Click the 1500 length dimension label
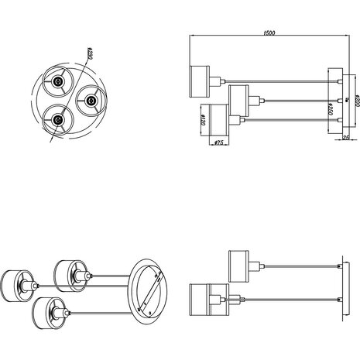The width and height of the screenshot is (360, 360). (x=269, y=33)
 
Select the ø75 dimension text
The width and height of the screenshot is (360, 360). (x=218, y=142)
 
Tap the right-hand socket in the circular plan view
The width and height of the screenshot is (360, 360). (x=91, y=100)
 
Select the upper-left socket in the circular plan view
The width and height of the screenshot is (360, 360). (x=58, y=83)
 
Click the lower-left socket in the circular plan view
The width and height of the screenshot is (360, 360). (x=57, y=119)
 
